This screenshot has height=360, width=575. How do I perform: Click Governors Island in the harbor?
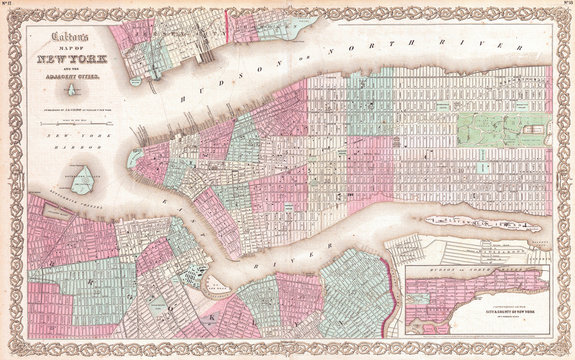pos(84,180)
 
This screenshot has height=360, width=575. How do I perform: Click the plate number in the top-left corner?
pos(10,7)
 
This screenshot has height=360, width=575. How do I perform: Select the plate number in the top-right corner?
pos(564,7)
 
